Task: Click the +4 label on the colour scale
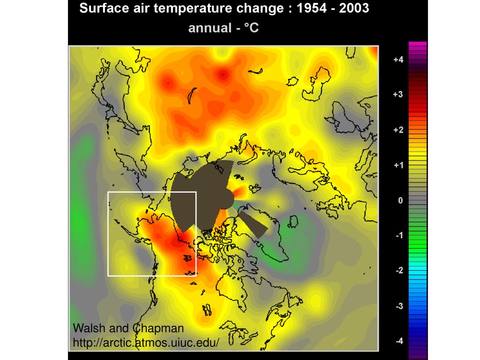click(x=398, y=60)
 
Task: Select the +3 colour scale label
click(x=398, y=95)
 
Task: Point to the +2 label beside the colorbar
click(x=398, y=130)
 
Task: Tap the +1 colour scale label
click(x=398, y=165)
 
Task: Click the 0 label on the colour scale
click(x=400, y=200)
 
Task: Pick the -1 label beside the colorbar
click(x=398, y=235)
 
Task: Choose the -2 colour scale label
click(x=398, y=270)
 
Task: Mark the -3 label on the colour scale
click(x=398, y=306)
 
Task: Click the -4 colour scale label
click(x=398, y=341)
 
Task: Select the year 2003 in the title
click(x=353, y=8)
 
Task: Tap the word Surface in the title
click(x=99, y=8)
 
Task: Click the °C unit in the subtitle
click(x=250, y=28)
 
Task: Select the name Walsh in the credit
click(x=89, y=328)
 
